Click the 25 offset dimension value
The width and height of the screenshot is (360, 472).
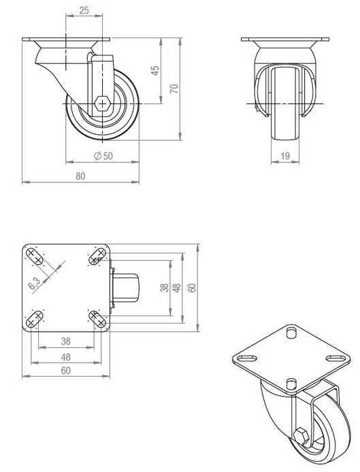[84, 10]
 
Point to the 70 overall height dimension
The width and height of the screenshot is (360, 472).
[174, 89]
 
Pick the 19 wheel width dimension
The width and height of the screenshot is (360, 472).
[286, 157]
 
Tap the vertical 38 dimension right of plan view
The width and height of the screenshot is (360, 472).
[164, 287]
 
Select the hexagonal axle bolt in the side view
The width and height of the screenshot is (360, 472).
[102, 104]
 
